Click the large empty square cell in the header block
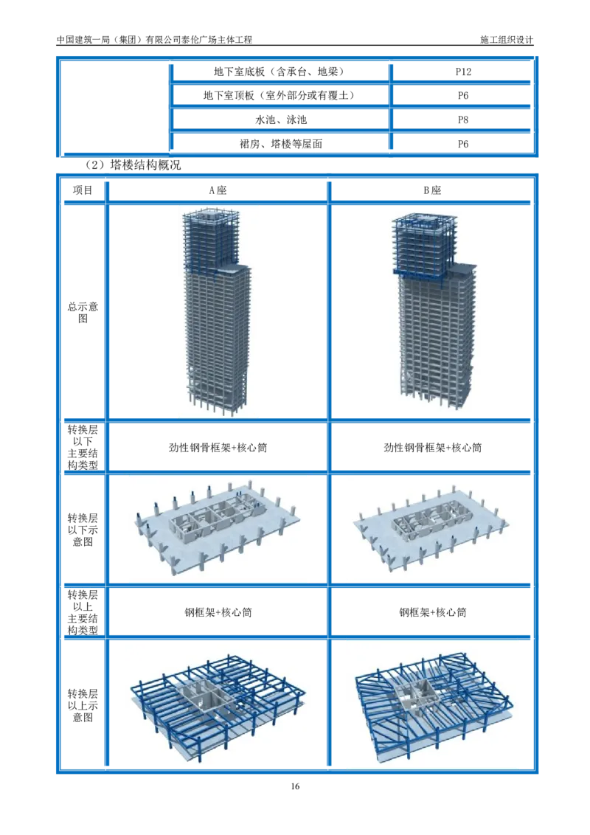pyautogui.click(x=114, y=106)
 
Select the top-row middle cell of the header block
pyautogui.click(x=280, y=71)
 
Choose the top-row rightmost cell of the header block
pyautogui.click(x=463, y=71)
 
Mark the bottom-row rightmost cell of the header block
pyautogui.click(x=463, y=142)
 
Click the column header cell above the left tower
pyautogui.click(x=218, y=189)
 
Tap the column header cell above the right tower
pyautogui.click(x=434, y=189)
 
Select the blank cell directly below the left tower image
pyautogui.click(x=218, y=446)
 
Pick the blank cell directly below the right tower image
pyautogui.click(x=434, y=446)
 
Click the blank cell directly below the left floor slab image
pyautogui.click(x=218, y=611)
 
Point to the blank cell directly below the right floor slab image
pyautogui.click(x=434, y=611)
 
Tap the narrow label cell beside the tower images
pyautogui.click(x=82, y=310)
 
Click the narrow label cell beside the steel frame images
pyautogui.click(x=82, y=704)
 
